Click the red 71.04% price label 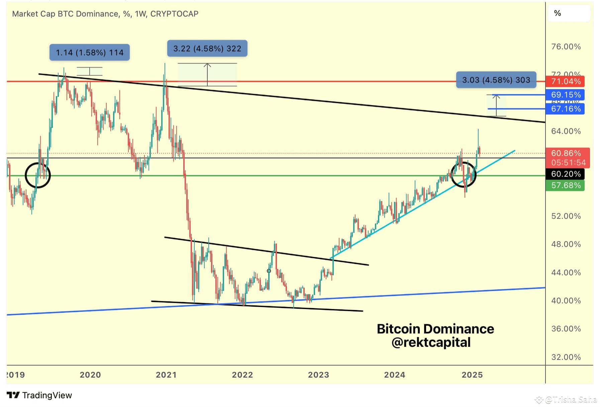tap(565, 81)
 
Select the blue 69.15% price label tap(565, 95)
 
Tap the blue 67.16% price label tap(565, 109)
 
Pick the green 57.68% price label tap(565, 185)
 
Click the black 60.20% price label tap(565, 174)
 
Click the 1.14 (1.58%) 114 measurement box tap(90, 52)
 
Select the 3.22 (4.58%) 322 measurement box tap(207, 49)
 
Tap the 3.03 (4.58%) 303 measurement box tap(496, 80)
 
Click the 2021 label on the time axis tap(166, 375)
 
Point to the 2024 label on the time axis tap(395, 375)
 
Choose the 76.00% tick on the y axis tap(566, 47)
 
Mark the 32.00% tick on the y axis tap(566, 357)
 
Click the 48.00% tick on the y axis tap(566, 244)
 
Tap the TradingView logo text tap(47, 396)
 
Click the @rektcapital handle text tap(431, 343)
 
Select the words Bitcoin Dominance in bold tap(435, 329)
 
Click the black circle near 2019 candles tap(38, 175)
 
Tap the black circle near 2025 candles tap(463, 174)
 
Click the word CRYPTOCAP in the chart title tap(174, 14)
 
